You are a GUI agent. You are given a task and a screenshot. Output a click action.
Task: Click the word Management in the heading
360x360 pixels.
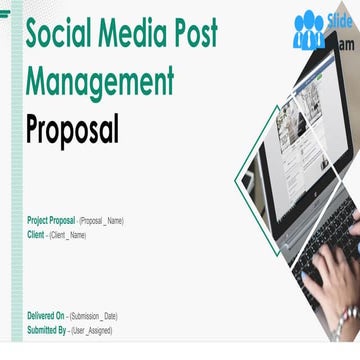pos(100,80)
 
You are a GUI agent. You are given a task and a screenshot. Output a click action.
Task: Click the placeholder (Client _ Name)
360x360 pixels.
pos(68,235)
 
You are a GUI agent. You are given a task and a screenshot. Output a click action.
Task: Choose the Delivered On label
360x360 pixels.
pos(47,315)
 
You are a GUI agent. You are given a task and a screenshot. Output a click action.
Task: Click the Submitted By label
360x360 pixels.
pos(48,330)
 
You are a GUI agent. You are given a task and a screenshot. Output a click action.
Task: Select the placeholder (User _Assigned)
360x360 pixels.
pos(91,330)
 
